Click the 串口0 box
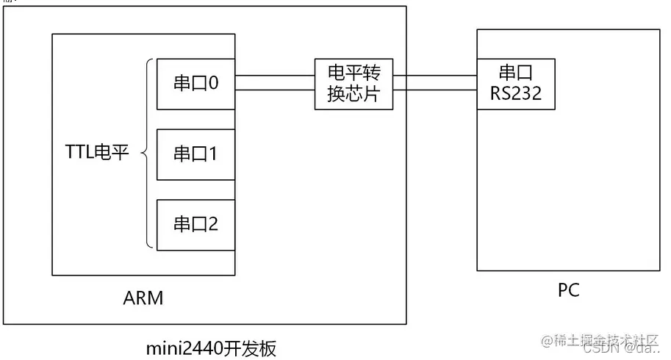click(196, 84)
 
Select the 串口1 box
click(196, 154)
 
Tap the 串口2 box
click(196, 224)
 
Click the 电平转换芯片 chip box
click(354, 84)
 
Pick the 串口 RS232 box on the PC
click(516, 84)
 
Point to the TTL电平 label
click(96, 154)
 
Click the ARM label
click(143, 298)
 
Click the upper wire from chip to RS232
click(435, 75)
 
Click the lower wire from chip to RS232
click(435, 90)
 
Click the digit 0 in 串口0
click(213, 84)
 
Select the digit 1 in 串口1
click(213, 154)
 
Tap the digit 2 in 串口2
click(213, 224)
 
